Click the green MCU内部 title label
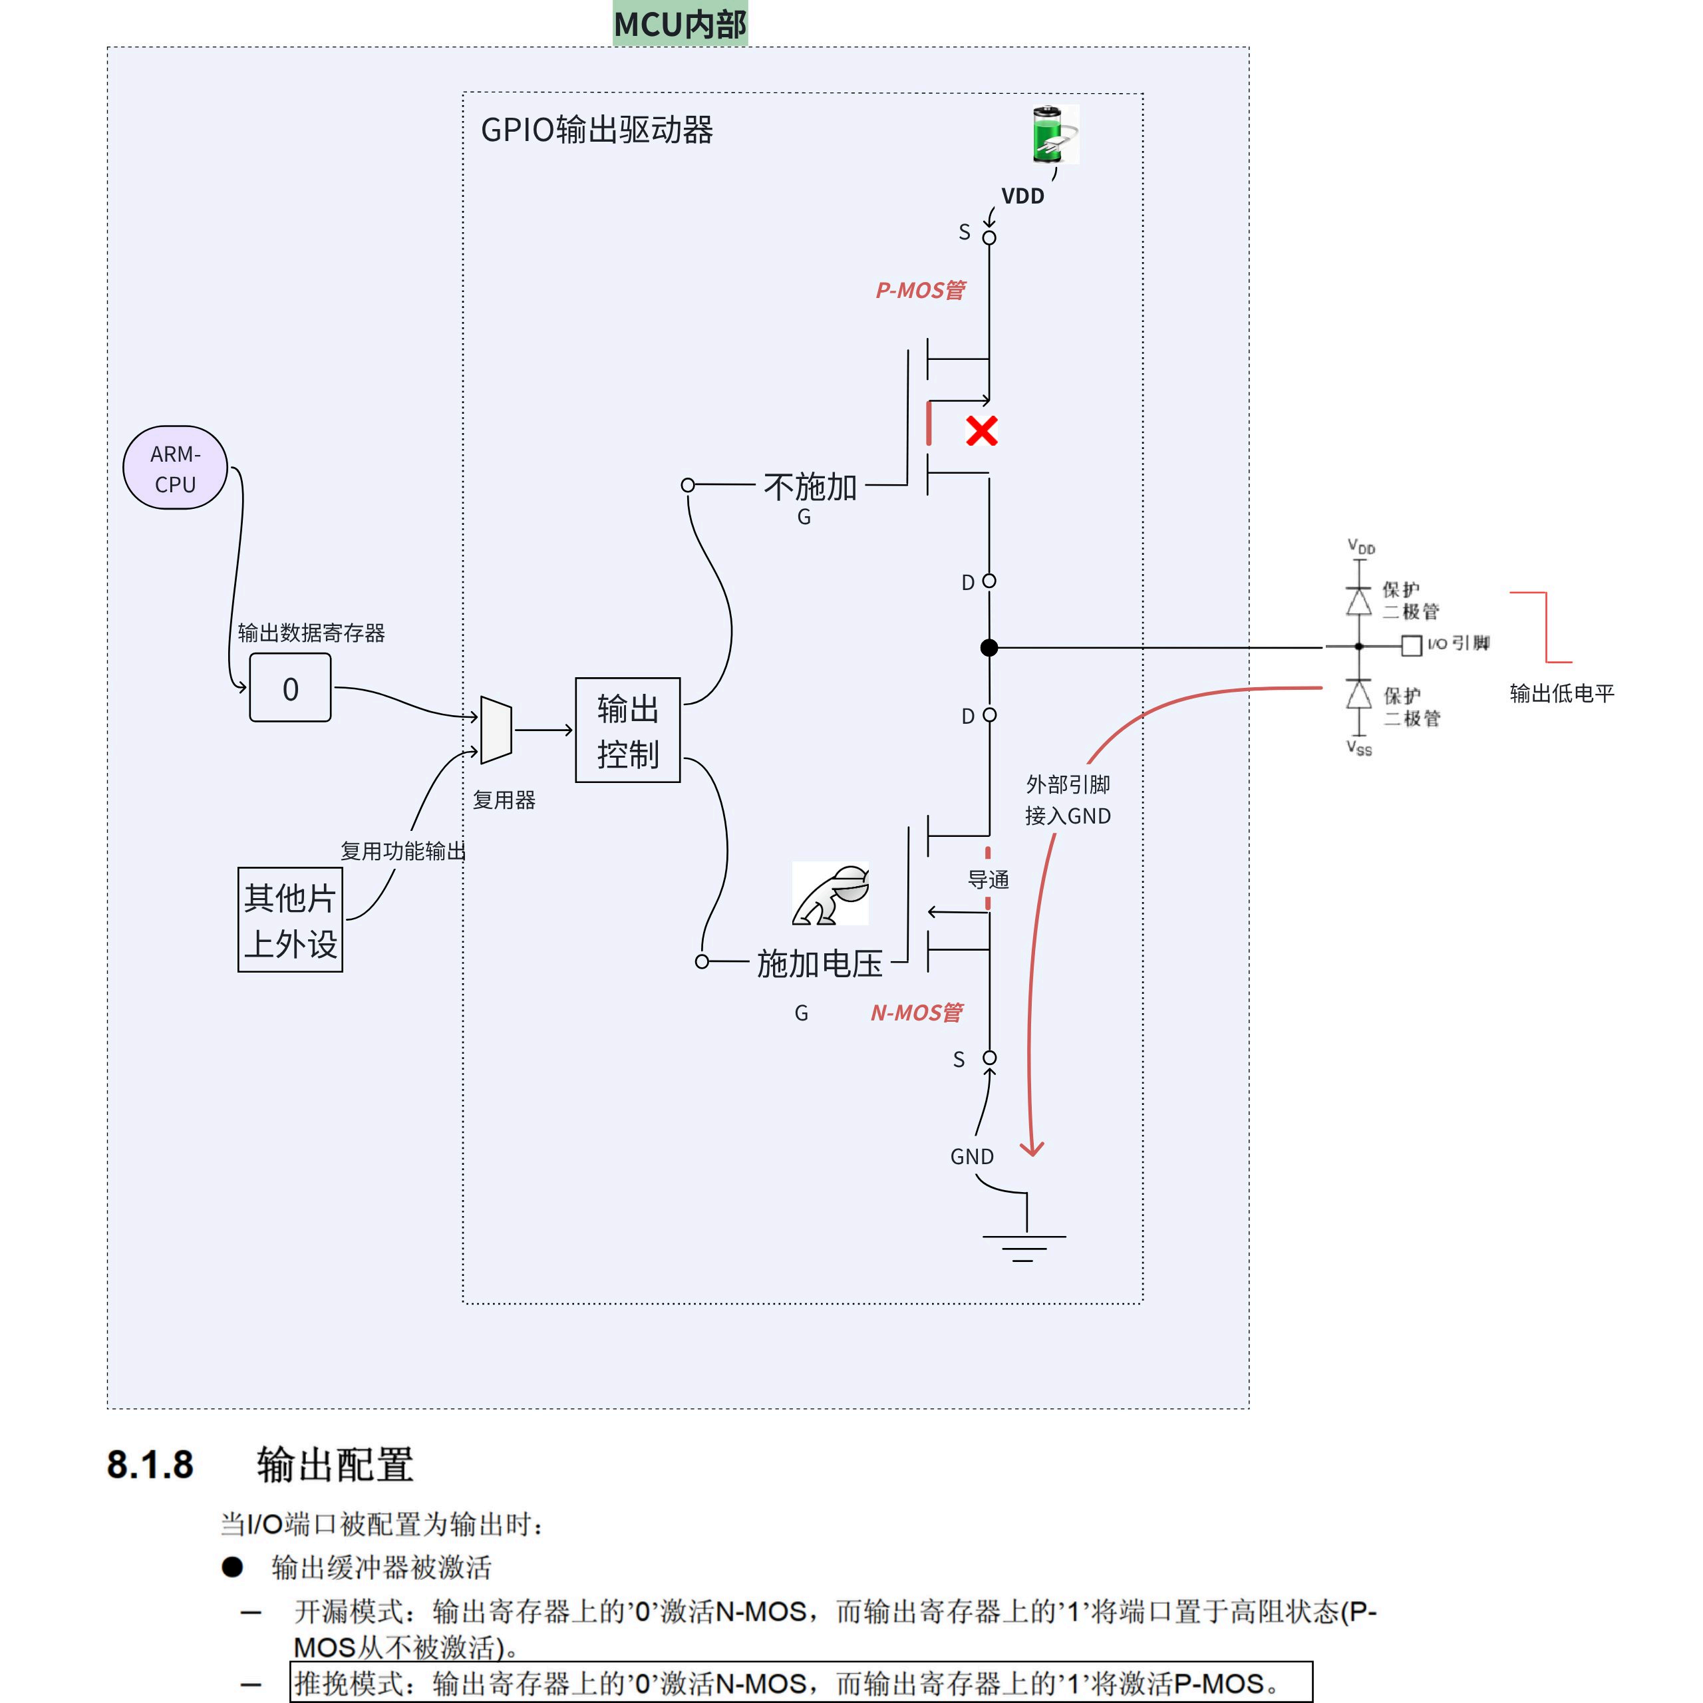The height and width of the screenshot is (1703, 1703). coord(681,24)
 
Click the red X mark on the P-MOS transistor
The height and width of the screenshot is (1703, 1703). coord(981,431)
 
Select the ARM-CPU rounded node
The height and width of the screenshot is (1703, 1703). coord(176,468)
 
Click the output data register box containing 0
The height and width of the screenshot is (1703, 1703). coord(290,688)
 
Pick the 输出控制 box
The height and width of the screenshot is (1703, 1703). coord(627,730)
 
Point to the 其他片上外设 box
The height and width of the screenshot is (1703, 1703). coord(290,919)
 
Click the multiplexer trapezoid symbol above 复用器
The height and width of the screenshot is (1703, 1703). coord(496,730)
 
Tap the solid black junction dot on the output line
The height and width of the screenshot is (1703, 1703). coord(989,648)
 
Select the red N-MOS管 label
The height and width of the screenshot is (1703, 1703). coord(917,1012)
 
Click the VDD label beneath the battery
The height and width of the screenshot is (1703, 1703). coord(1022,196)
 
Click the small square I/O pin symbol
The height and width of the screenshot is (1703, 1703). coord(1411,646)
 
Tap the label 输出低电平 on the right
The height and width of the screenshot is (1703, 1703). coord(1562,694)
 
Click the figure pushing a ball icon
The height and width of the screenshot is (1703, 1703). coord(830,894)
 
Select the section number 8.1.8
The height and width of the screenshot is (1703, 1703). coord(150,1465)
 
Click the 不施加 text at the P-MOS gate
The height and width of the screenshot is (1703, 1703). coord(810,486)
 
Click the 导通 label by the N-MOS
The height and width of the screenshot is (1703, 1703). coord(988,879)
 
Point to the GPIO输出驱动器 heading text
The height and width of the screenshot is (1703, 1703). coord(597,130)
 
